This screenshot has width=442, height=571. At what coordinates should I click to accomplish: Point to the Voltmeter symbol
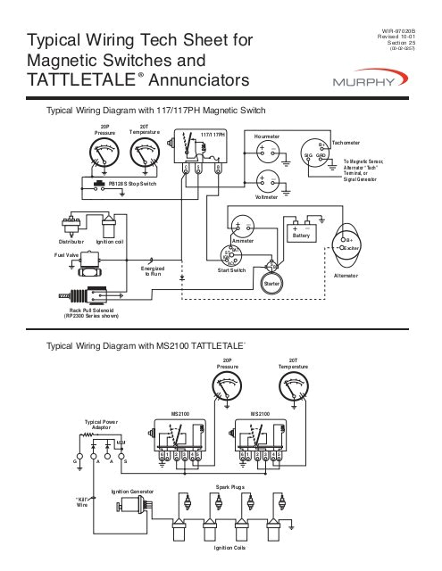pyautogui.click(x=265, y=178)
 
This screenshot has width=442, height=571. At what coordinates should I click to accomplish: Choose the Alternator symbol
pyautogui.click(x=346, y=245)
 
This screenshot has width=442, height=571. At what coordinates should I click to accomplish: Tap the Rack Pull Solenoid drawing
pyautogui.click(x=85, y=298)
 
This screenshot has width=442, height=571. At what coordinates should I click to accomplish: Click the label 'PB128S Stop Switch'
pyautogui.click(x=132, y=184)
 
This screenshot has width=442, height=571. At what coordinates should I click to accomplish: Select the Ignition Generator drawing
pyautogui.click(x=130, y=511)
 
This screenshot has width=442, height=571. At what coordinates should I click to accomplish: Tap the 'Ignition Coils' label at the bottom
pyautogui.click(x=228, y=547)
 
